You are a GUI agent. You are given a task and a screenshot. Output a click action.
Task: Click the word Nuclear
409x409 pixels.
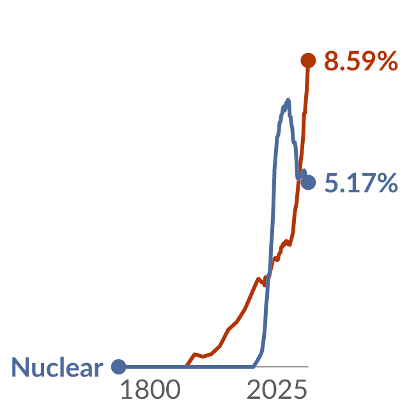tap(57, 367)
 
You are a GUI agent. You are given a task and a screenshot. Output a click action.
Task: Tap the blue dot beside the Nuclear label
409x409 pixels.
tap(119, 367)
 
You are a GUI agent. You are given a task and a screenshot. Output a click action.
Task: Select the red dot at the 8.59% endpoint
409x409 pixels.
tap(308, 60)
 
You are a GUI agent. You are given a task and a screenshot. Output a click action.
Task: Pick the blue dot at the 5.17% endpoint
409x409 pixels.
tap(308, 183)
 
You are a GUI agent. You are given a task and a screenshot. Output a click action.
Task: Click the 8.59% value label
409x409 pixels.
tap(361, 61)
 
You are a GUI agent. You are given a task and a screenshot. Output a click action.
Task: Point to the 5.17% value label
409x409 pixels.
tap(361, 183)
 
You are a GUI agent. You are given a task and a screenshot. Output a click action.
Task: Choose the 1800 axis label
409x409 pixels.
tap(151, 390)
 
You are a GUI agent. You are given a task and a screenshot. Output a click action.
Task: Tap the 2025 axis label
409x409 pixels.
tap(277, 390)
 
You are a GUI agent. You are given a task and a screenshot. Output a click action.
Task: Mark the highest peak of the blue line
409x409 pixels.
tap(288, 100)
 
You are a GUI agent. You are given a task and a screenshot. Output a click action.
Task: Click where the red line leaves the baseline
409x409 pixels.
tap(187, 366)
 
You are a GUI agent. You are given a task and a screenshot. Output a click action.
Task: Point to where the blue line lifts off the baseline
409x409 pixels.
tap(254, 366)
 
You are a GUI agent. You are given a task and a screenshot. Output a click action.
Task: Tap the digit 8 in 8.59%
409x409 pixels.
tap(331, 61)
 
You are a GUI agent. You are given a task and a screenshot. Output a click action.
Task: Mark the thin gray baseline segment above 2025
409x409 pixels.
tap(282, 367)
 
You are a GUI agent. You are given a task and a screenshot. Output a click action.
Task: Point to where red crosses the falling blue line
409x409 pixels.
tap(299, 175)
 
